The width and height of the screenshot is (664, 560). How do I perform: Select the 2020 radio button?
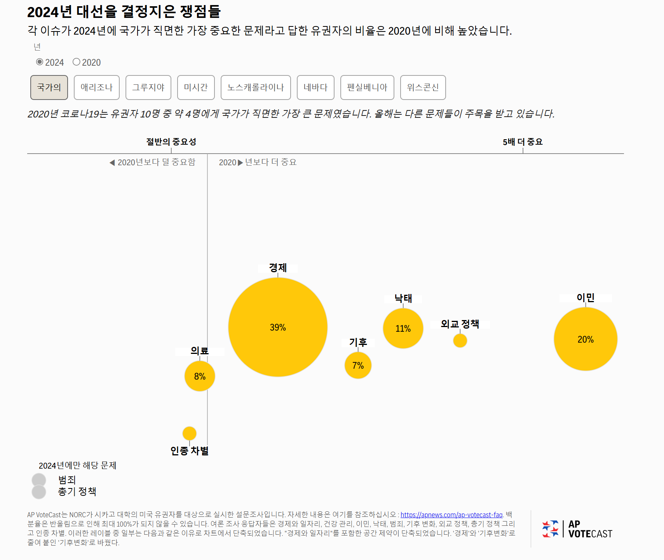coord(77,62)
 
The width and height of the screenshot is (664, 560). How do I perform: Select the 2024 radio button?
coord(40,62)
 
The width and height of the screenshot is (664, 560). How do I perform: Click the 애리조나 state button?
coord(97,87)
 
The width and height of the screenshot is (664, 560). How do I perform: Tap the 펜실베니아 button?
coord(367,87)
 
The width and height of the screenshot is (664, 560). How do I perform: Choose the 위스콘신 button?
coord(423,87)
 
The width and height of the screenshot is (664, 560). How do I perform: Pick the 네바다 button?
coord(315,87)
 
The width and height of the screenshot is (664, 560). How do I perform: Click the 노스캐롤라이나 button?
coord(256,87)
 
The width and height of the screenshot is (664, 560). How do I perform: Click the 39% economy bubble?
coord(278,327)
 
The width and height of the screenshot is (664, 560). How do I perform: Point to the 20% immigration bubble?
coord(586,339)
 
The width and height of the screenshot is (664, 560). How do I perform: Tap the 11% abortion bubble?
coord(403,328)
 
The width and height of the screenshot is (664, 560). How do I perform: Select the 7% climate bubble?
coord(358,365)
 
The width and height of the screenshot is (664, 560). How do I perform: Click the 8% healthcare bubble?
coord(200,376)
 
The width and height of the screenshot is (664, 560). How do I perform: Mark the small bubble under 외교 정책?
coord(460,341)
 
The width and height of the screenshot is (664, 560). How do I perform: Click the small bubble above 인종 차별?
coord(189,433)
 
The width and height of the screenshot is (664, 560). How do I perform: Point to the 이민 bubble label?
coord(586,297)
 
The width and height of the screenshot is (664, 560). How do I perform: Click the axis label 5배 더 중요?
coord(523,142)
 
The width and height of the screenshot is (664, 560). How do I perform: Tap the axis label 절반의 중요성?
coord(171,142)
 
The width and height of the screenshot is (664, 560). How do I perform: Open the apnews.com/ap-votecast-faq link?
coord(451,515)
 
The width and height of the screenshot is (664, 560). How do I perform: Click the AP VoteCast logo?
coord(577,529)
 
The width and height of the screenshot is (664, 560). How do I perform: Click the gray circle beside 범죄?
coord(39,480)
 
